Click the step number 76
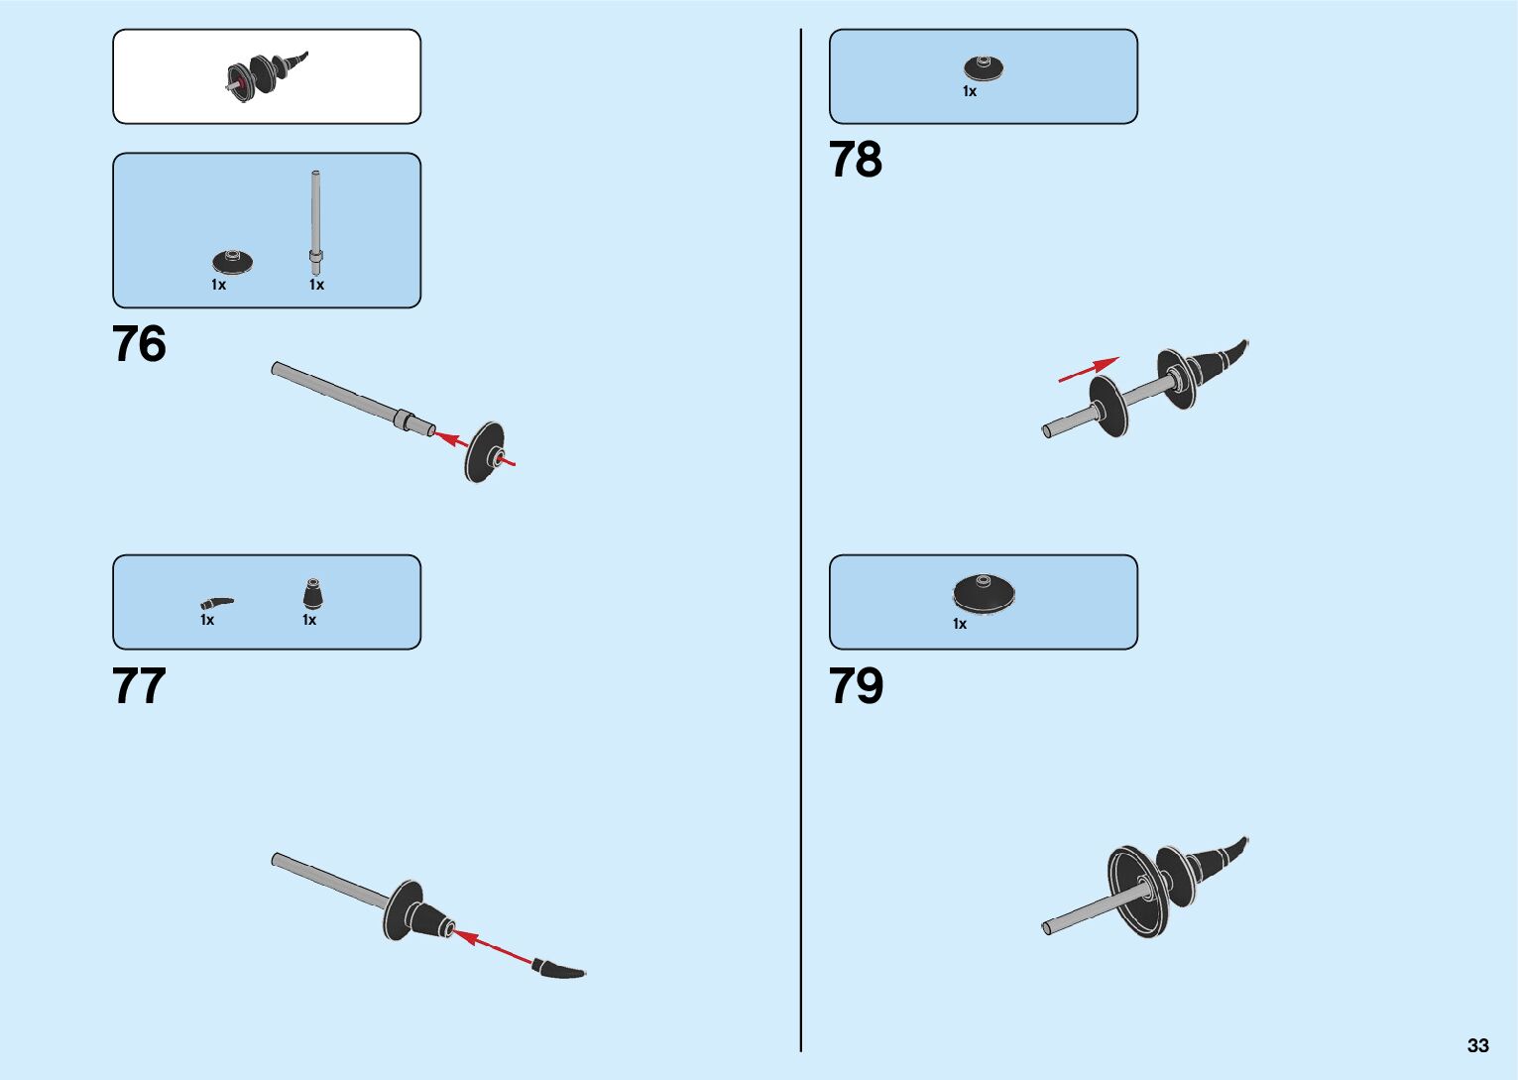(140, 344)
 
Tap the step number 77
(139, 686)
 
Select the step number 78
(855, 160)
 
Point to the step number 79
(856, 686)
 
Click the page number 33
(1477, 1045)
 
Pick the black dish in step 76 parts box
(232, 262)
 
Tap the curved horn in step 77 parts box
(216, 602)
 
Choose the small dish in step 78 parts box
(984, 68)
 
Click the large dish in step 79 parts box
(984, 593)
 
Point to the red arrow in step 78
(1088, 369)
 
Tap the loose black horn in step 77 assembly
(558, 969)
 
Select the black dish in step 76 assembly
(485, 452)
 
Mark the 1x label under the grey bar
(316, 285)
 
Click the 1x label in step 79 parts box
(959, 624)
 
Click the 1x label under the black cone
(309, 620)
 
